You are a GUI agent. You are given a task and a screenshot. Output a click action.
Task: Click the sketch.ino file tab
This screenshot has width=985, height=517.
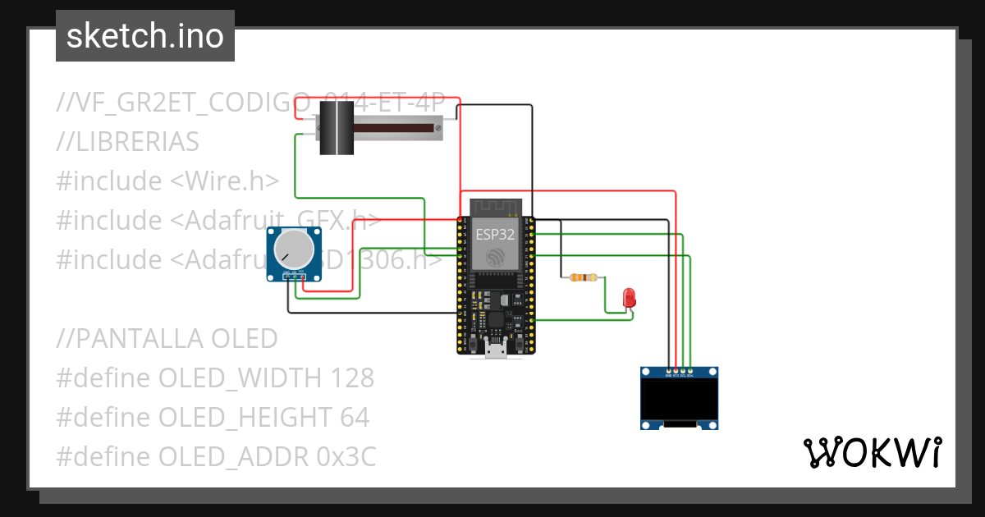(145, 36)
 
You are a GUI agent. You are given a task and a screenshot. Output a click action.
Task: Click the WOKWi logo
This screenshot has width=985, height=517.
(871, 453)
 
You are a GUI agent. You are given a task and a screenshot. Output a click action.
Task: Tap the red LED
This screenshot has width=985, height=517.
(630, 298)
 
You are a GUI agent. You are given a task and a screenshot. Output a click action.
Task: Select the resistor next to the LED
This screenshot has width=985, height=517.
(583, 278)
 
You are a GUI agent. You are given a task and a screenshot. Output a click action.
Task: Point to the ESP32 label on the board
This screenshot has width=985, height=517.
(495, 235)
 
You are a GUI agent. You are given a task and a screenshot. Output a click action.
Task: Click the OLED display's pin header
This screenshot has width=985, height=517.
(680, 373)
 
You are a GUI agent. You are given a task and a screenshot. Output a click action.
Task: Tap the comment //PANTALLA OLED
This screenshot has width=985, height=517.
(167, 338)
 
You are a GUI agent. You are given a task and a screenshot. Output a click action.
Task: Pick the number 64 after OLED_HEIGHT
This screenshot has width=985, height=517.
(354, 418)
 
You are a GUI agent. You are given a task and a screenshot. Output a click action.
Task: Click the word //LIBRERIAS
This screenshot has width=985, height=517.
(128, 142)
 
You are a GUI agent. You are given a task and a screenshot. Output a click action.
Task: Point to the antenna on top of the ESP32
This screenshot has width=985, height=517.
(496, 206)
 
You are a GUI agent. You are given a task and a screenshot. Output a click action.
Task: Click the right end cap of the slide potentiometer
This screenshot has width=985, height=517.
(438, 127)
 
